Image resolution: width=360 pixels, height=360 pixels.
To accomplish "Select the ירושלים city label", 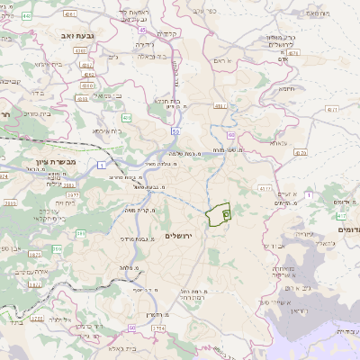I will [x=181, y=235].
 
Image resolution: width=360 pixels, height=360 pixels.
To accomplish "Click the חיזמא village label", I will [x=287, y=88].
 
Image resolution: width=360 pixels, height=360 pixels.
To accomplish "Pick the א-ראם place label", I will [x=222, y=60].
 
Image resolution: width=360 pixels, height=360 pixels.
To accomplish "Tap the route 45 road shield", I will [x=142, y=30].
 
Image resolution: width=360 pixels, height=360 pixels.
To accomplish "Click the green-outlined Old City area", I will [x=217, y=215].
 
